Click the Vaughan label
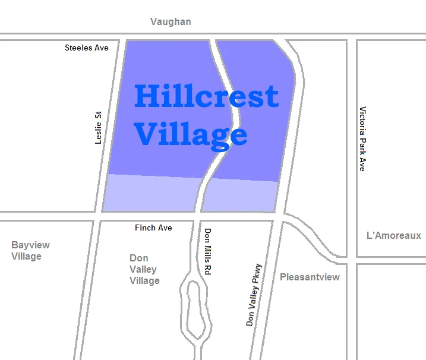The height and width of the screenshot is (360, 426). (171, 22)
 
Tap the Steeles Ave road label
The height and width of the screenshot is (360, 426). (87, 48)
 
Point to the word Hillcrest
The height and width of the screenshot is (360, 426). (206, 96)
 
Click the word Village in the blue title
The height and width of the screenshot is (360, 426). (190, 134)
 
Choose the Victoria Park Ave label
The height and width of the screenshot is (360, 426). (362, 139)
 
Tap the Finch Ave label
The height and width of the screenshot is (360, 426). (153, 228)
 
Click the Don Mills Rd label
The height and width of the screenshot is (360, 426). (207, 251)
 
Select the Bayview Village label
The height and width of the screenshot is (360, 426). (30, 251)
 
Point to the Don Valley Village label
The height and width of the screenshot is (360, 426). (144, 269)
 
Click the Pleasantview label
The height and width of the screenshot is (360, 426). (310, 277)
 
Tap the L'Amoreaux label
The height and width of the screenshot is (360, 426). (393, 236)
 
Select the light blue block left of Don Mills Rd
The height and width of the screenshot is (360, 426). (151, 194)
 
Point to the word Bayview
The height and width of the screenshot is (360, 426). (30, 245)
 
